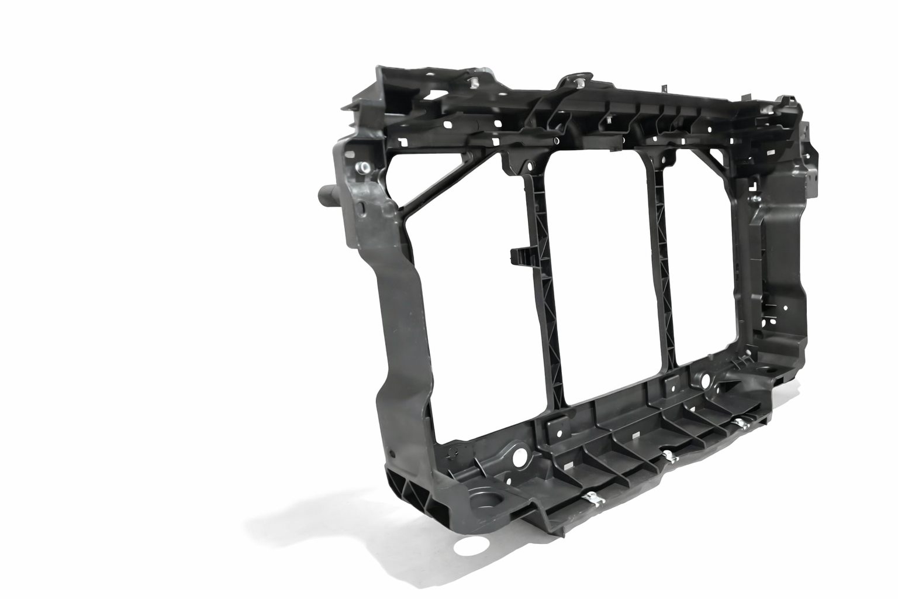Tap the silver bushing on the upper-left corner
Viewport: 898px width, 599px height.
[x=364, y=168]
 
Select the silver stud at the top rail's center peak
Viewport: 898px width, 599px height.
[x=580, y=82]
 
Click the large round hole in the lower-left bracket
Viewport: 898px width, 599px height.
[x=518, y=453]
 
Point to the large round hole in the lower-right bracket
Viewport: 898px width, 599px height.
[x=705, y=381]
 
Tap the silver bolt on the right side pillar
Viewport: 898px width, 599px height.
[x=755, y=199]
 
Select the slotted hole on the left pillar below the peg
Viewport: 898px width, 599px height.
[x=361, y=208]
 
